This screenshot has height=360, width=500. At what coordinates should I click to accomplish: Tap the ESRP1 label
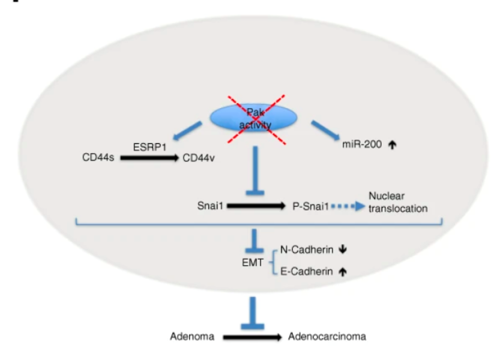149,146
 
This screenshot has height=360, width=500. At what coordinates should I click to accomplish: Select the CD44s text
98,159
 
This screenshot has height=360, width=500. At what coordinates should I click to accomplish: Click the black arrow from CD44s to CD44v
149,159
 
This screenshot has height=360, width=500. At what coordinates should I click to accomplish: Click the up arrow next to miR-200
394,145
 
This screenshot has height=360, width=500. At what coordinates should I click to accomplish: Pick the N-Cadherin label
304,250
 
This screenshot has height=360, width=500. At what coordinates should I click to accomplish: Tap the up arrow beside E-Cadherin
343,272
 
